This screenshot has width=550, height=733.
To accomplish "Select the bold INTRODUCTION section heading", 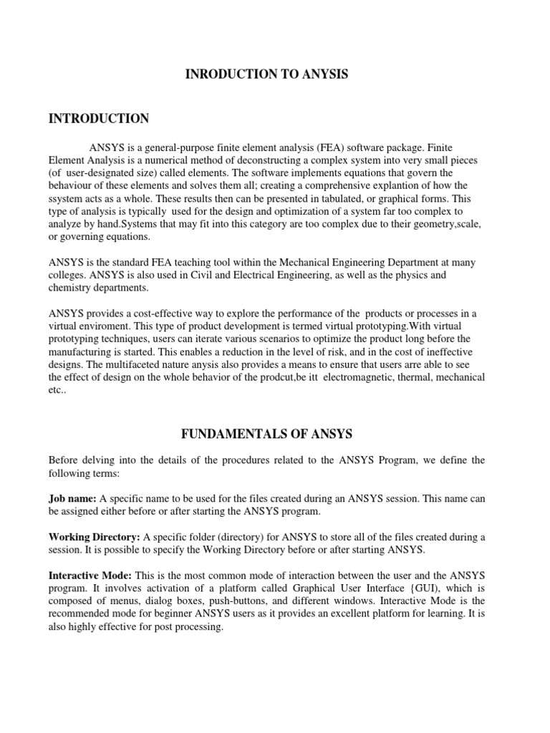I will [x=99, y=119].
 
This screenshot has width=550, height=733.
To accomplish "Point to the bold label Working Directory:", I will [x=95, y=537].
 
